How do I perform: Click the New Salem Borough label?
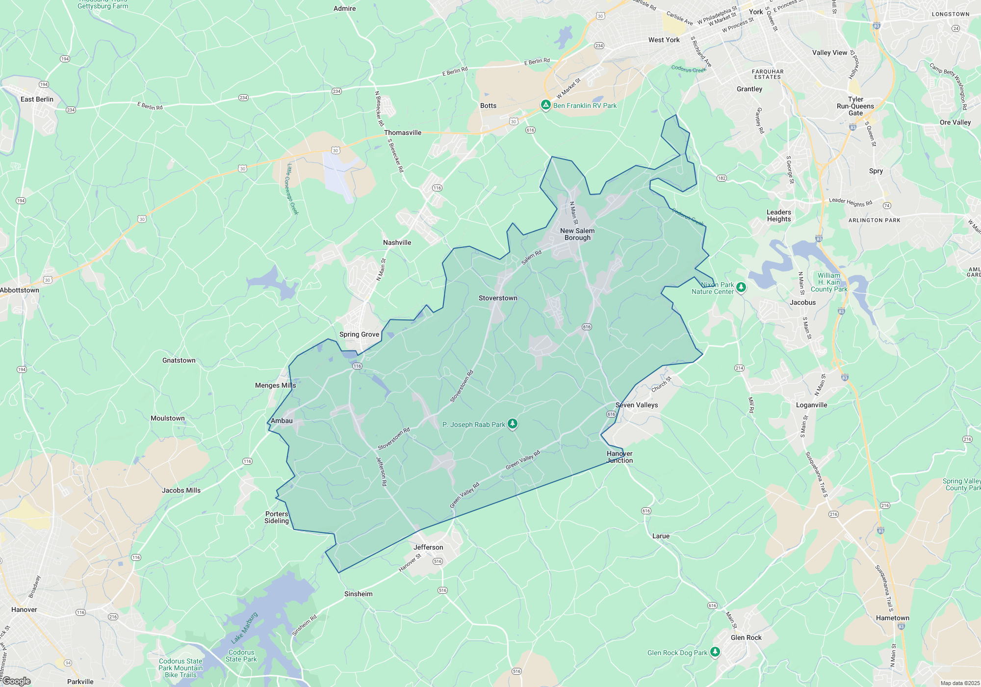(577, 234)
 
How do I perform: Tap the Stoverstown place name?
(498, 298)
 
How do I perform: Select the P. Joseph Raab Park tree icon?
(513, 424)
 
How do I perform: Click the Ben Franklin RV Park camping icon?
(545, 105)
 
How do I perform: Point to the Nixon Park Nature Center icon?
(741, 287)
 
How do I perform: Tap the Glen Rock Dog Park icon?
(715, 652)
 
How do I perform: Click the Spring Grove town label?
(359, 334)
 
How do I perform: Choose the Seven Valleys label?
(637, 405)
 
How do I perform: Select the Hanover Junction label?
(620, 457)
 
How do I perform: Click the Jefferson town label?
(428, 547)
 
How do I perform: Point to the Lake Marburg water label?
(244, 628)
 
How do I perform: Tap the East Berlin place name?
(37, 99)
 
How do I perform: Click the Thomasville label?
(403, 132)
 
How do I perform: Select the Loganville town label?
(811, 405)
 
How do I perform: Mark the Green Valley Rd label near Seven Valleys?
(523, 459)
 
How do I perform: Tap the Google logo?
(16, 681)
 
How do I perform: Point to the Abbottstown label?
(20, 290)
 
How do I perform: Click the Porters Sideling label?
(277, 517)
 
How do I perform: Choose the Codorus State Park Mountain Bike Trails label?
(181, 668)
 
